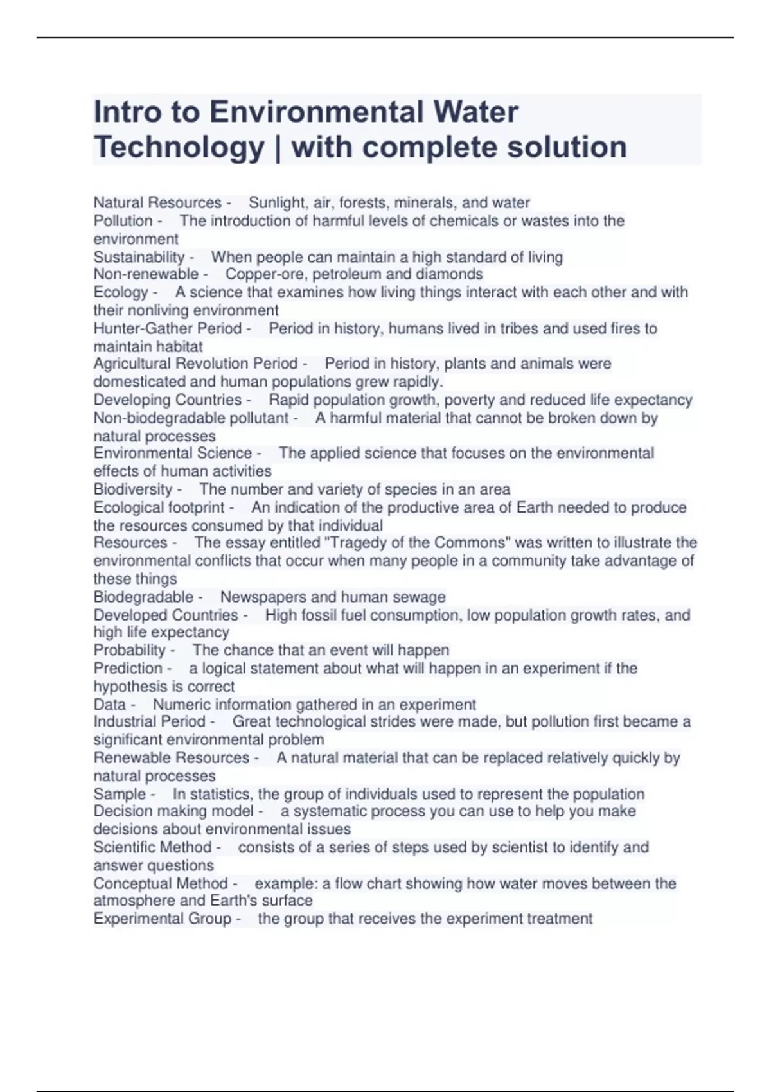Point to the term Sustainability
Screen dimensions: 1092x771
pos(139,257)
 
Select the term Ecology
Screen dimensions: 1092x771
pos(121,292)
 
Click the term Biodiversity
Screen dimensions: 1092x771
pos(133,489)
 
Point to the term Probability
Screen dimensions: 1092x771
pos(130,650)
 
